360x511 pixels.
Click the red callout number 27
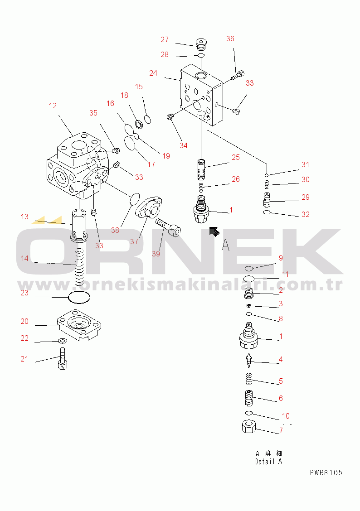click(165, 40)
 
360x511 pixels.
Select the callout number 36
click(230, 39)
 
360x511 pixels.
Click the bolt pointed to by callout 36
click(238, 76)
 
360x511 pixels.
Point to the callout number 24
click(153, 73)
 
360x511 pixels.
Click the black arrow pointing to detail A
click(214, 231)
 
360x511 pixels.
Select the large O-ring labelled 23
click(79, 297)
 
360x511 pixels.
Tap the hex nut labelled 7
click(249, 427)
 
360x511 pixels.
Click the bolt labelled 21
click(63, 358)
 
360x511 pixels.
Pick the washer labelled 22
click(62, 341)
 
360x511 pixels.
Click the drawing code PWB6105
click(326, 472)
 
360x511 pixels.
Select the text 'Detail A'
click(269, 462)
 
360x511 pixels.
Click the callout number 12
click(53, 106)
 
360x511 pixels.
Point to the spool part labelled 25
click(202, 169)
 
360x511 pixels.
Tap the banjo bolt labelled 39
click(168, 227)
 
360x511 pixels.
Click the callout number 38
click(115, 231)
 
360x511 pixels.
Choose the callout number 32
click(305, 214)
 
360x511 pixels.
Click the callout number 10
click(286, 416)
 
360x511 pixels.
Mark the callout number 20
click(24, 322)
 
